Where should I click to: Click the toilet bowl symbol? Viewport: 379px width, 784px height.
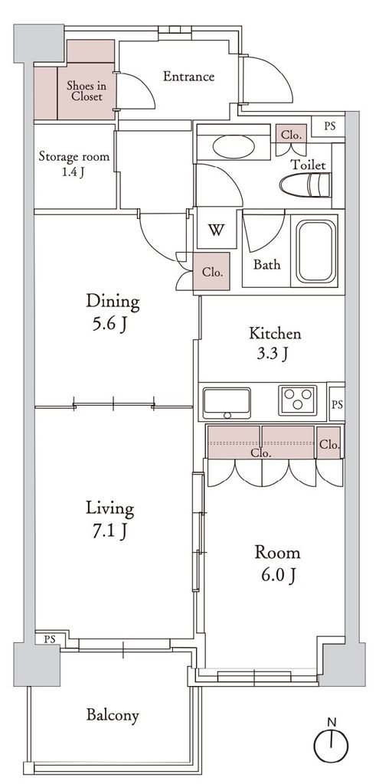pyautogui.click(x=305, y=186)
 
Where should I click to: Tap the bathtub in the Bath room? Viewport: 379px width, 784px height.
pyautogui.click(x=317, y=251)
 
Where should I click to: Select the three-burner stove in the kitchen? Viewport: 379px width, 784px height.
pyautogui.click(x=298, y=400)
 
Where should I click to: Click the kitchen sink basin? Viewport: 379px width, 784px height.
pyautogui.click(x=227, y=403)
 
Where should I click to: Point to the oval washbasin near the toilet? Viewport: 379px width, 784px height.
pyautogui.click(x=234, y=146)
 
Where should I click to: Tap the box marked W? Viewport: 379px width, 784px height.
pyautogui.click(x=217, y=230)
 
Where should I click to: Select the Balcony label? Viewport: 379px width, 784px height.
pyautogui.click(x=113, y=715)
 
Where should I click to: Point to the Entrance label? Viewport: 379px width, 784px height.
pyautogui.click(x=189, y=77)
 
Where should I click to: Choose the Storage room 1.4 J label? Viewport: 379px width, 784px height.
pyautogui.click(x=74, y=164)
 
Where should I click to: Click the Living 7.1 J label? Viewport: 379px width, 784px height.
pyautogui.click(x=110, y=520)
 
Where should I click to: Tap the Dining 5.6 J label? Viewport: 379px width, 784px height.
pyautogui.click(x=113, y=312)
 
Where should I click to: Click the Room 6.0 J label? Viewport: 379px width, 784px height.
pyautogui.click(x=277, y=563)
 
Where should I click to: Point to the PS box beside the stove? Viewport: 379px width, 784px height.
pyautogui.click(x=337, y=403)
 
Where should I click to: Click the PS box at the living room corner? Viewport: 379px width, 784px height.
pyautogui.click(x=48, y=639)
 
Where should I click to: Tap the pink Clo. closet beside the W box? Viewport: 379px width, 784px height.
pyautogui.click(x=211, y=272)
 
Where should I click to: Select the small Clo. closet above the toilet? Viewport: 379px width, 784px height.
pyautogui.click(x=290, y=135)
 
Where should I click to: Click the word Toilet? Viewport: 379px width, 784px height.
pyautogui.click(x=309, y=165)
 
